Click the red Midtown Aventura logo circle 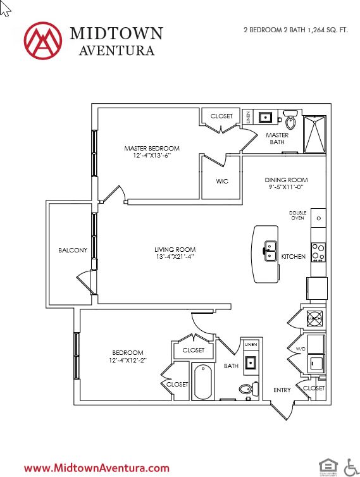point(42,40)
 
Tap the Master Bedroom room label point(147,149)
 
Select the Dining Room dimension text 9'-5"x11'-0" point(285,187)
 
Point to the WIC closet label point(221,182)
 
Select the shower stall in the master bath point(314,134)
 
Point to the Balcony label point(73,250)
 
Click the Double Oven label point(297,215)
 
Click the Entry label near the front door point(282,390)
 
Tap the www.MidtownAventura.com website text point(97,468)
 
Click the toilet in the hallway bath point(248,388)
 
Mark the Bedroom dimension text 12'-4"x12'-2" point(127,361)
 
